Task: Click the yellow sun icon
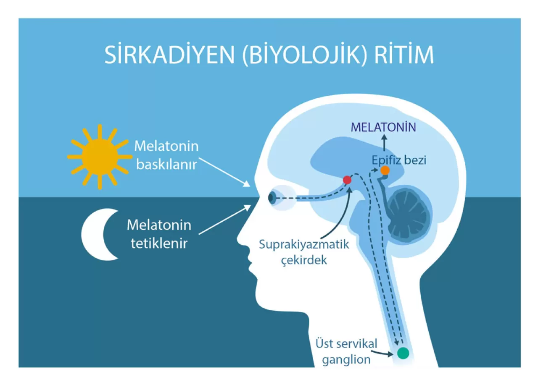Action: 100,157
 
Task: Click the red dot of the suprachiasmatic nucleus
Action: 347,180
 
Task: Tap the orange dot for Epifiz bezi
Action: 385,170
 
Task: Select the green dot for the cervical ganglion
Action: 403,353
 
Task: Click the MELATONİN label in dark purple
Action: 383,127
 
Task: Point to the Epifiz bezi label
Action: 399,160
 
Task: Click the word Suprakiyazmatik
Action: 304,244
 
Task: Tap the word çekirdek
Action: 304,260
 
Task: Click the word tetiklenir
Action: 159,244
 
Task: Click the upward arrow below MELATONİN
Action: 384,142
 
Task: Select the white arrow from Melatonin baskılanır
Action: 224,172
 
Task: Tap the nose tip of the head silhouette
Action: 237,240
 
